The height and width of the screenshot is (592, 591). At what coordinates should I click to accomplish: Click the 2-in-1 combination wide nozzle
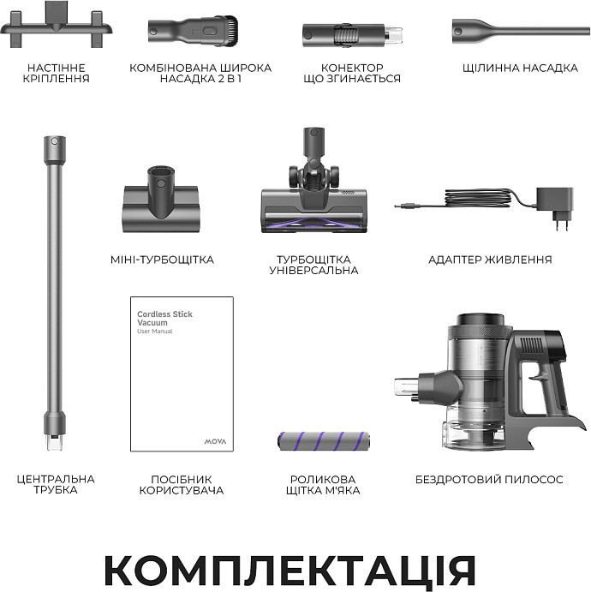click(193, 31)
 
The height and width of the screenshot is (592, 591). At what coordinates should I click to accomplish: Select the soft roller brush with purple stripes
click(324, 441)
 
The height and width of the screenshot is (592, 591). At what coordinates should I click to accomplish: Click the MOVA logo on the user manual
click(215, 441)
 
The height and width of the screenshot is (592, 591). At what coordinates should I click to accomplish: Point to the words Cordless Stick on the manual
click(164, 314)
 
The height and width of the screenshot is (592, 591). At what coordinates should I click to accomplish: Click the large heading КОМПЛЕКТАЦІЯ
click(290, 570)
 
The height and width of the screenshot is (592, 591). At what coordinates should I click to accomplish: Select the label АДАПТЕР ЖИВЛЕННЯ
click(490, 260)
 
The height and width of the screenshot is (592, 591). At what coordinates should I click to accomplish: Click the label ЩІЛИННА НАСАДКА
click(520, 68)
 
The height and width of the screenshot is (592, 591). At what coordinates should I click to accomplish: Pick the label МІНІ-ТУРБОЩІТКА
click(162, 260)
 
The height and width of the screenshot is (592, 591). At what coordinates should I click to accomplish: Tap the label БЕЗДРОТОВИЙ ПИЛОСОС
click(489, 480)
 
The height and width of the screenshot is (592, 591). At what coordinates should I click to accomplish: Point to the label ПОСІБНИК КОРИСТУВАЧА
click(182, 485)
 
